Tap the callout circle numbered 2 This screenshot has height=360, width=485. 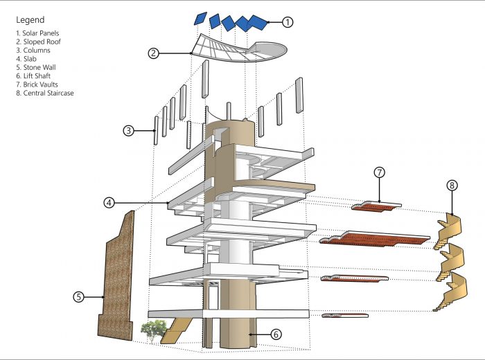pyautogui.click(x=155, y=52)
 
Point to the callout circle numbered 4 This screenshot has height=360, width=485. pyautogui.click(x=109, y=203)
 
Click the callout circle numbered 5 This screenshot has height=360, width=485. pyautogui.click(x=79, y=297)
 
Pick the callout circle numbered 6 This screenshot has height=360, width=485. pyautogui.click(x=276, y=334)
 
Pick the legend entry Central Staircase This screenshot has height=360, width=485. pyautogui.click(x=44, y=93)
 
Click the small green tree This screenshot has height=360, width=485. pyautogui.click(x=153, y=330)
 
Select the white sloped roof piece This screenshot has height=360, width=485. pyautogui.click(x=229, y=48)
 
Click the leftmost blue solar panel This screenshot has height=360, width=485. pyautogui.click(x=200, y=17)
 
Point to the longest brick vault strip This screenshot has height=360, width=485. pyautogui.click(x=374, y=240)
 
